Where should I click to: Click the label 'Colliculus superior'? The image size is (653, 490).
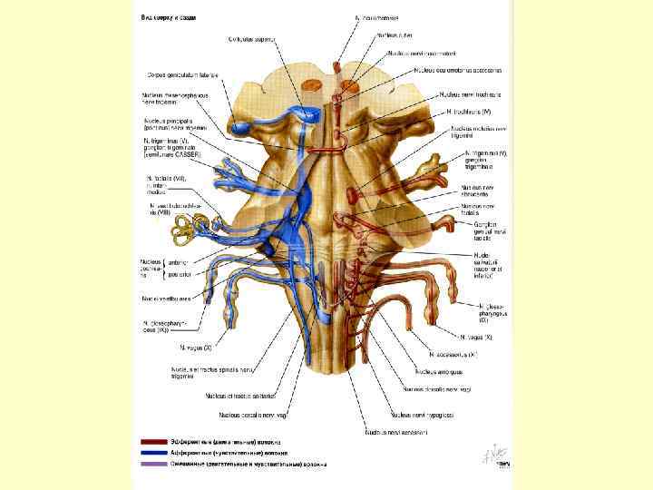[x=251, y=38]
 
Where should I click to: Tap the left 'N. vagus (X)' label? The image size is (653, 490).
[x=195, y=348]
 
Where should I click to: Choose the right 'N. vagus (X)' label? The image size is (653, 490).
[x=476, y=337]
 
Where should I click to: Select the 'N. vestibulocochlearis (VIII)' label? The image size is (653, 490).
[x=173, y=208]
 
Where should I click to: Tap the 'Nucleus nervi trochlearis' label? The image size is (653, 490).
[x=472, y=93]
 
